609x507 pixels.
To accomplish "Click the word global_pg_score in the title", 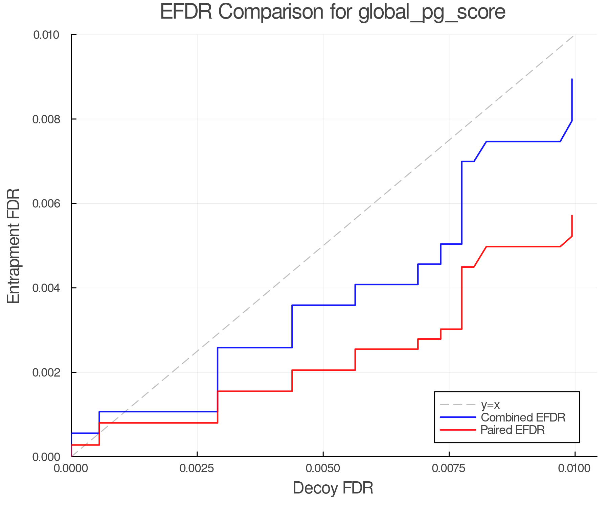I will (432, 12).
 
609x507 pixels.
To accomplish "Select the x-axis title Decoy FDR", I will (333, 488).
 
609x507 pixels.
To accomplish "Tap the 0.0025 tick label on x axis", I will (197, 468).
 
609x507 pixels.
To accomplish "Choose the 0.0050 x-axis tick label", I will (323, 468).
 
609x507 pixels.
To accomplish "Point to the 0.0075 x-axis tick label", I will (449, 468).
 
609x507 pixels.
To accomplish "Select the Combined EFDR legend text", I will (523, 417).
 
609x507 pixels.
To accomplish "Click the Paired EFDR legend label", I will (512, 430).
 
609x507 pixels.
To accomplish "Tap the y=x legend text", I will (490, 405).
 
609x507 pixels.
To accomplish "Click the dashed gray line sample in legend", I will (458, 405).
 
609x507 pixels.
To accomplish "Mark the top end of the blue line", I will (572, 79).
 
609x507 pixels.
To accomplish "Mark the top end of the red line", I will (572, 215).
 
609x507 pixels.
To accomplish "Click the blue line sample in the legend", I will (458, 417).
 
